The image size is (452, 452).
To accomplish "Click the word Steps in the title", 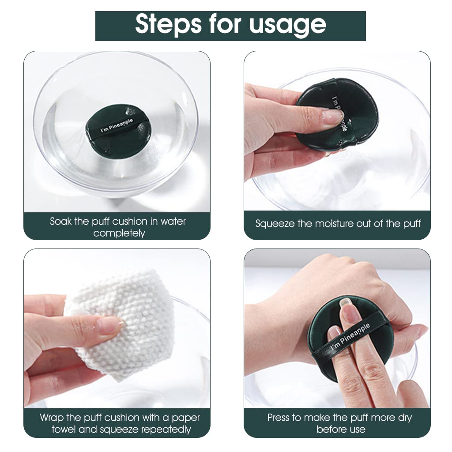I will point(165,24).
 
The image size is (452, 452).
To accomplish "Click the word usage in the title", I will point(288,25).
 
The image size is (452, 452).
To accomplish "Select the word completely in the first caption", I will point(119,233).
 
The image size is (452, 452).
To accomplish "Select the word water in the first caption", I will point(173,221).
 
